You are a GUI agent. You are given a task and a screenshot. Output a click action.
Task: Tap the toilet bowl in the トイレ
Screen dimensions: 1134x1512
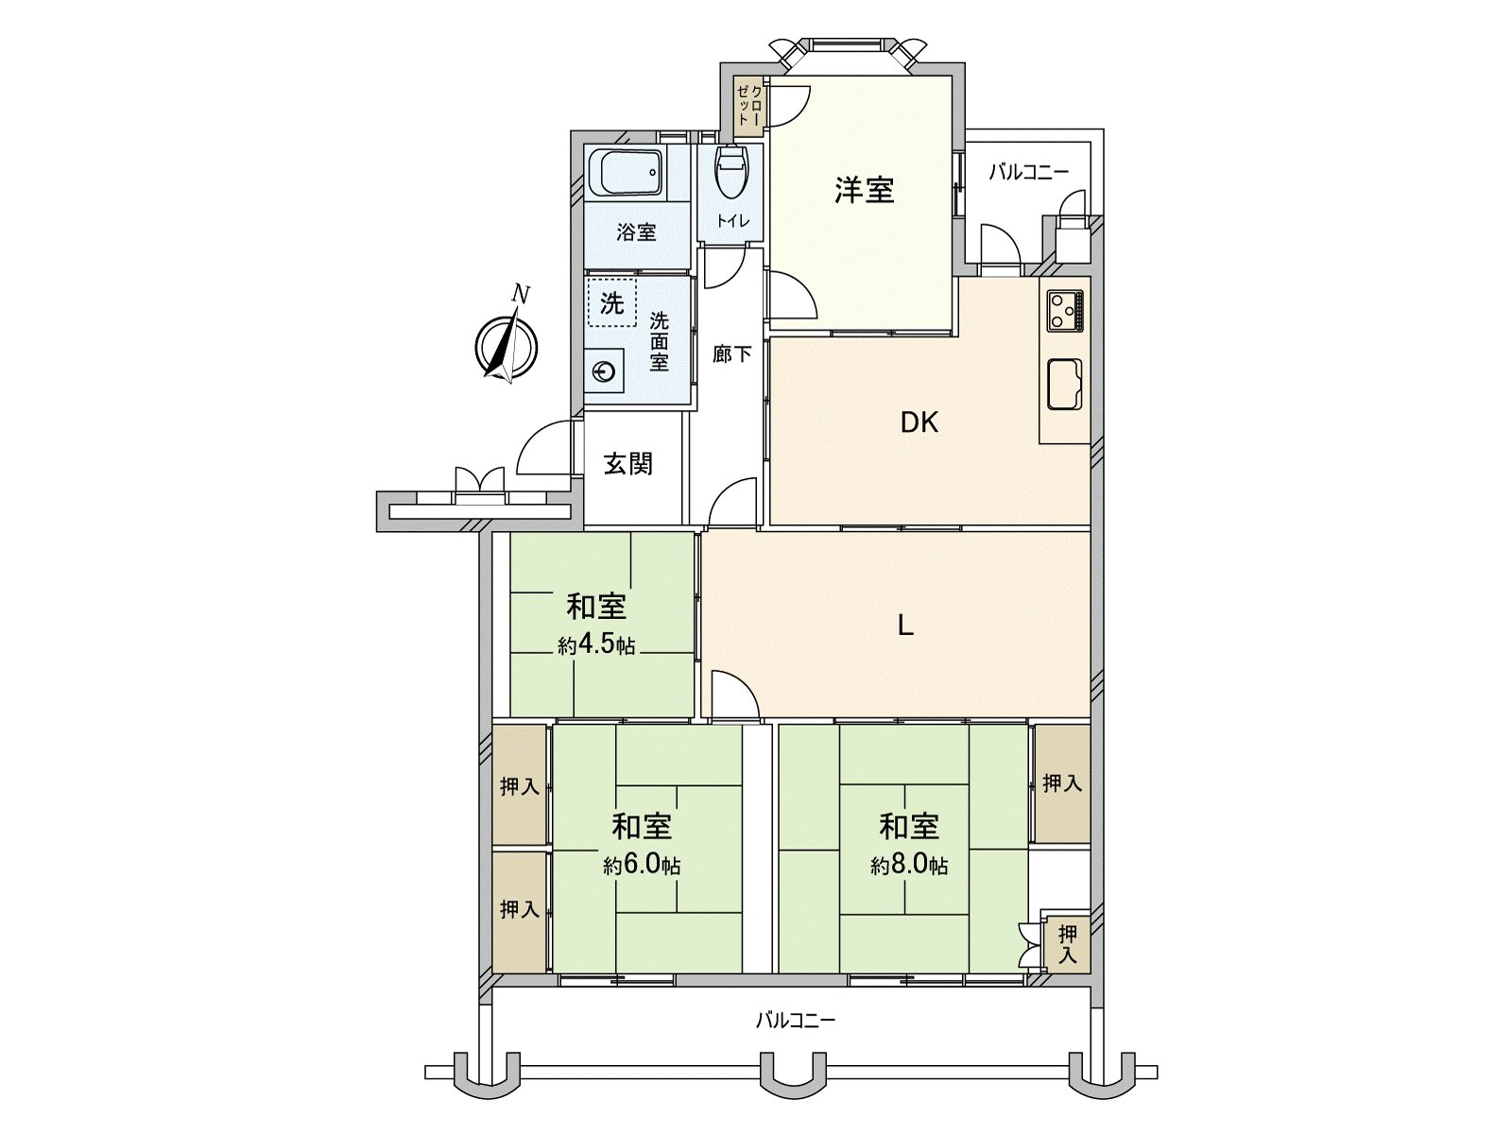pos(731,173)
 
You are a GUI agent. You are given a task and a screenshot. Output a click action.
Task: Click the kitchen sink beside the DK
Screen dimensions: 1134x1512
pos(1065,384)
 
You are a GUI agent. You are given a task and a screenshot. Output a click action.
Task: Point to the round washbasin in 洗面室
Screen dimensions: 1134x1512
pos(604,372)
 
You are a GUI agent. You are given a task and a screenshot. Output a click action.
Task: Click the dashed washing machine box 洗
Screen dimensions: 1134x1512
pos(611,302)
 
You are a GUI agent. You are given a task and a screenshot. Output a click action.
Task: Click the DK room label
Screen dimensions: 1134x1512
pos(919,422)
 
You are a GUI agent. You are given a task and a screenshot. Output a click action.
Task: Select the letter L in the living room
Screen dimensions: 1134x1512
pos(905,625)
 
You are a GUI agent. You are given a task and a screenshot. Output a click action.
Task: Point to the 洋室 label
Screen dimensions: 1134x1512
pos(864,190)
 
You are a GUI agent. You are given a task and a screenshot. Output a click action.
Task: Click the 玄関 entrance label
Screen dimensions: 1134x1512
pos(628,464)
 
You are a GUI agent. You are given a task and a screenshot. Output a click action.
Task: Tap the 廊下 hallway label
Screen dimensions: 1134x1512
pos(731,354)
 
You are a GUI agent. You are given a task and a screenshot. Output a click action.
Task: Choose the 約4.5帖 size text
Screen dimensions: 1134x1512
pos(596,646)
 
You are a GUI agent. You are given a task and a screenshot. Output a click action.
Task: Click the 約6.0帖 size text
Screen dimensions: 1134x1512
pos(643,865)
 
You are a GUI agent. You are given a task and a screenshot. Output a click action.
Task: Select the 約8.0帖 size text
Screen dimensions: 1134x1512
pos(909,865)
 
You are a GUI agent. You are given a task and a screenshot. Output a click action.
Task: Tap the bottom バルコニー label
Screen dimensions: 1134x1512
pos(796,1021)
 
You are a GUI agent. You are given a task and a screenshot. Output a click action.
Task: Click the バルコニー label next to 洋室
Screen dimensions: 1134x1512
pos(1029,172)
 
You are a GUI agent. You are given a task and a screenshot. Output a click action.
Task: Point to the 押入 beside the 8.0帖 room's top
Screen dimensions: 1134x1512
pos(1061,782)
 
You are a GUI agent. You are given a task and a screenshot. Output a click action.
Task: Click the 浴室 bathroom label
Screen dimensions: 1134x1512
pos(636,232)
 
